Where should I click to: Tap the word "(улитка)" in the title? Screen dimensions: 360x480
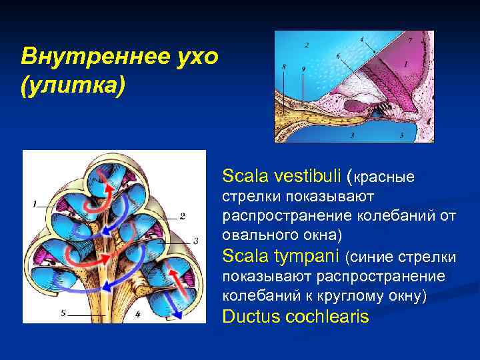[73, 87]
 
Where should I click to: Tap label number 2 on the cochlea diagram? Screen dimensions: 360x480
[182, 216]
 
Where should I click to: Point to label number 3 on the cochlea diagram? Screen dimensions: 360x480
[195, 241]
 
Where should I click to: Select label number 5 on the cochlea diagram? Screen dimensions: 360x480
[63, 312]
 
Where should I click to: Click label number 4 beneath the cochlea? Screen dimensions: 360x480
[137, 313]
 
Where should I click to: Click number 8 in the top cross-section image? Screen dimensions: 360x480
[285, 67]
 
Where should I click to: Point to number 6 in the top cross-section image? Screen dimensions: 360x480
[338, 55]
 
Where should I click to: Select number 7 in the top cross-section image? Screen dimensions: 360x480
[410, 41]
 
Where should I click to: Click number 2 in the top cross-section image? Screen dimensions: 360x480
[306, 45]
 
